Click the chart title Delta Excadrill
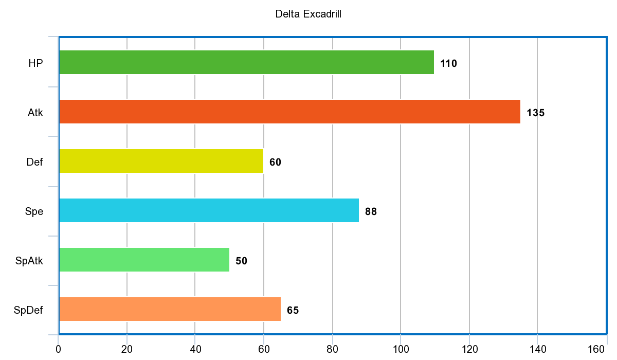point(308,14)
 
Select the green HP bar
point(246,62)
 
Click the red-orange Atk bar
point(289,112)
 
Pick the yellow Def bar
point(161,161)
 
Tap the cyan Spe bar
point(209,210)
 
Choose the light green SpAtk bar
point(144,260)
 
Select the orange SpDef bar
point(170,309)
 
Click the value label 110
point(448,64)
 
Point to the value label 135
point(535,113)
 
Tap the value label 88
point(371,212)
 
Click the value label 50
point(241,261)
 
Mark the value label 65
point(293,311)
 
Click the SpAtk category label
point(29,261)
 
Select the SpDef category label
point(29,311)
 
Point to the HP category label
point(35,64)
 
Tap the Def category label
point(34,163)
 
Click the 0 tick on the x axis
point(59,349)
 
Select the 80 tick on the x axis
point(332,349)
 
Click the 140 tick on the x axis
point(537,349)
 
